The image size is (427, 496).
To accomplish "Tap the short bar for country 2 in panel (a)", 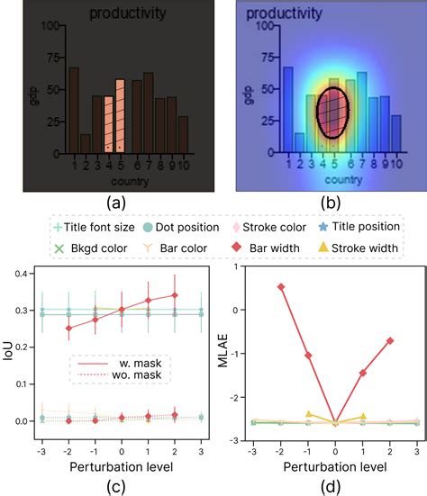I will (85, 143).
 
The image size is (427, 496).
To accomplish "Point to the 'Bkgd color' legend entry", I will (83, 247).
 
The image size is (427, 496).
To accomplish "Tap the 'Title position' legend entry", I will (372, 227).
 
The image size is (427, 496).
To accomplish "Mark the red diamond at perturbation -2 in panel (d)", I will (281, 287).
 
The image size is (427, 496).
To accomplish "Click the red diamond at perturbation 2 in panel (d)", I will (390, 341).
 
